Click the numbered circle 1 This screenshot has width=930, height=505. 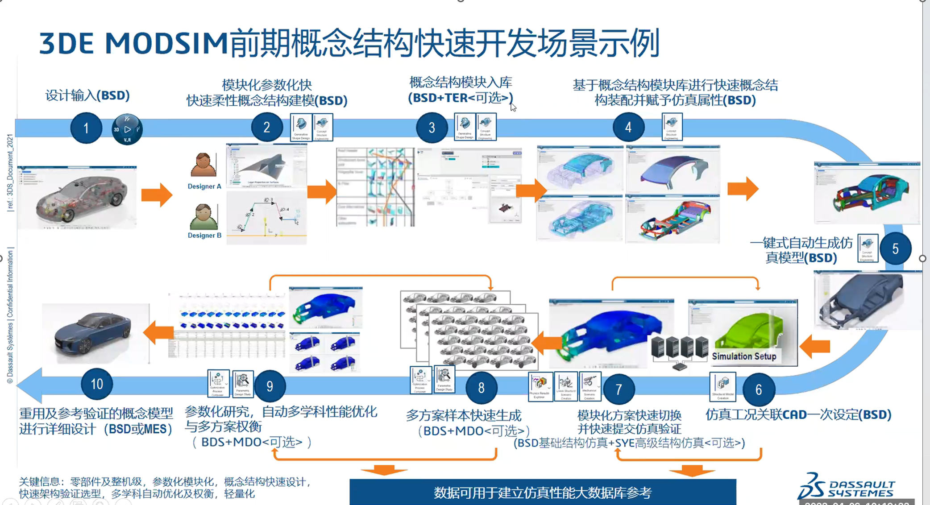[x=86, y=128]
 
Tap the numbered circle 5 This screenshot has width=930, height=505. [x=895, y=249]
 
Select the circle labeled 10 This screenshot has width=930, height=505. [x=97, y=384]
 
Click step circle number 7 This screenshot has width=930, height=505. [x=619, y=389]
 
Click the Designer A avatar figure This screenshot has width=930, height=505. [x=203, y=165]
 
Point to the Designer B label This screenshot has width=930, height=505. [x=204, y=236]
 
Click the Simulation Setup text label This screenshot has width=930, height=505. [x=744, y=356]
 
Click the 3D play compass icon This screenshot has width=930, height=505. [x=127, y=129]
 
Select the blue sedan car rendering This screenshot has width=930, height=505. [x=94, y=332]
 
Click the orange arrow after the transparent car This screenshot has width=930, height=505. [x=156, y=195]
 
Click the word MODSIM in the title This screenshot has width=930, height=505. [x=166, y=44]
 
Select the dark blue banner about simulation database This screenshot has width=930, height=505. [x=542, y=492]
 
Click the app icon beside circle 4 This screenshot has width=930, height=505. [x=672, y=127]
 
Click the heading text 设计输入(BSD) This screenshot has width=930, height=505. [x=87, y=95]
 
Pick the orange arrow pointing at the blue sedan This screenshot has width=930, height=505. [x=158, y=332]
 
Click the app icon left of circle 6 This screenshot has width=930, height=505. [x=722, y=386]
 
